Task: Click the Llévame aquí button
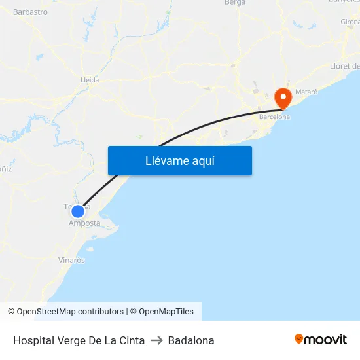[179, 160]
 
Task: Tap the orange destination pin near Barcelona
[283, 98]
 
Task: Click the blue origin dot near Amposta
[78, 211]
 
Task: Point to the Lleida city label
[89, 80]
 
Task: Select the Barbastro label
[30, 12]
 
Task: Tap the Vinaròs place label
[71, 260]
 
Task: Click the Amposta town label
[84, 223]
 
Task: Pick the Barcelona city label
[274, 117]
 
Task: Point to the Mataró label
[306, 92]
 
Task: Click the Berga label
[235, 3]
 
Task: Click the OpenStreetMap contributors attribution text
[70, 312]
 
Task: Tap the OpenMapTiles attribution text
[166, 312]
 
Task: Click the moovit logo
[321, 339]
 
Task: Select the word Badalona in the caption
[191, 340]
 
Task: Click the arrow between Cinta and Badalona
[156, 340]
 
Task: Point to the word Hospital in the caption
[33, 340]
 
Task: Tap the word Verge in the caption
[71, 340]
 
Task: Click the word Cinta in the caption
[131, 340]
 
